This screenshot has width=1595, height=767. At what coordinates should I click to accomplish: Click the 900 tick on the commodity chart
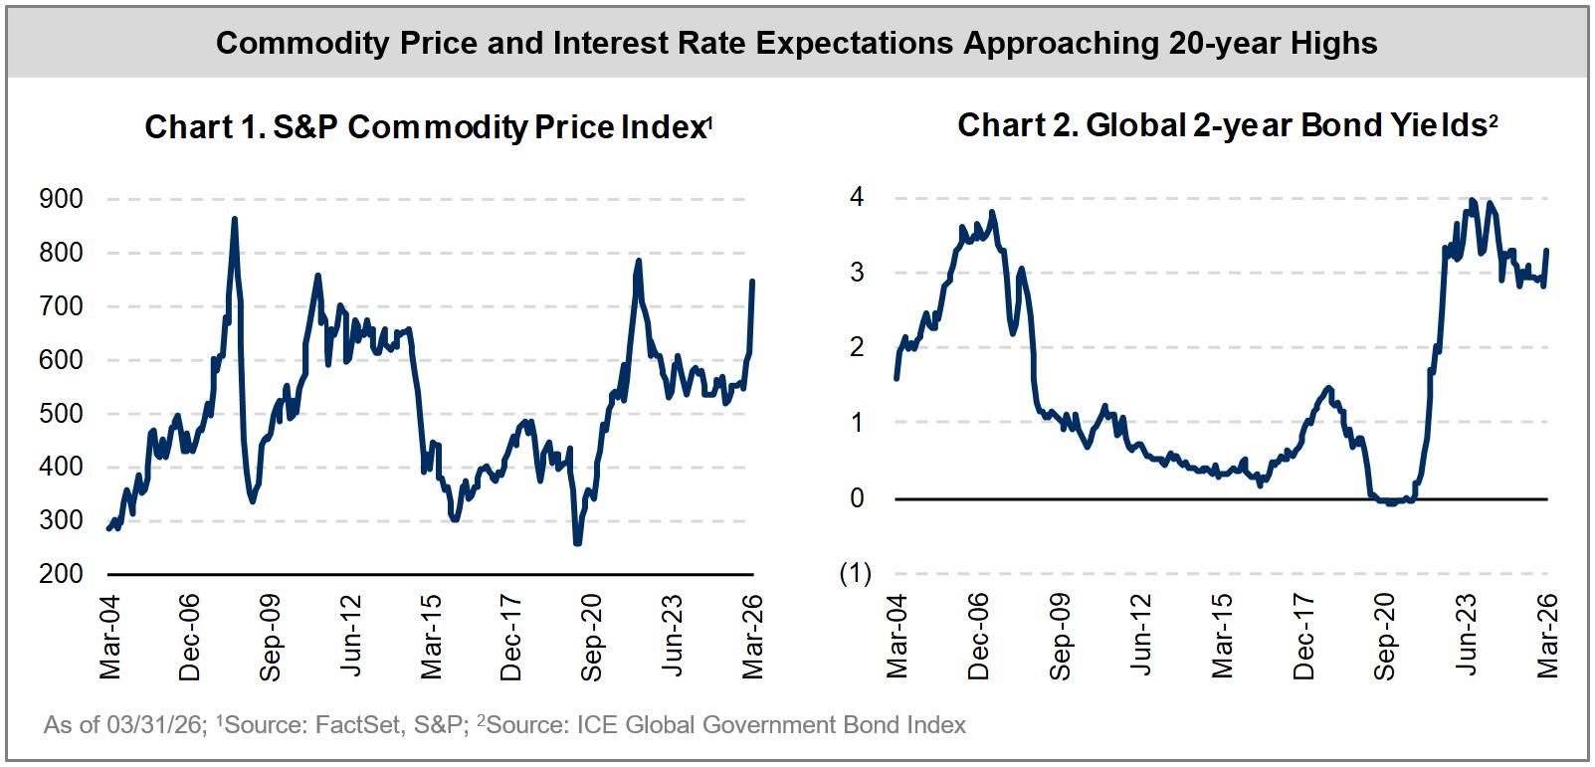[x=61, y=199]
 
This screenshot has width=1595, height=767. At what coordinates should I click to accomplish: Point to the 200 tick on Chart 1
[x=61, y=574]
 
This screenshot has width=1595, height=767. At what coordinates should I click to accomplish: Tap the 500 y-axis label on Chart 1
[x=61, y=414]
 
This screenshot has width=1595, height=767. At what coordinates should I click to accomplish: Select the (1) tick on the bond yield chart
[x=855, y=573]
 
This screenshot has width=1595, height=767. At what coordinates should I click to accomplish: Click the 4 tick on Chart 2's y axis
[x=857, y=197]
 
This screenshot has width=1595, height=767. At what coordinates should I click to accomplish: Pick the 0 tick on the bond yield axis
[x=857, y=498]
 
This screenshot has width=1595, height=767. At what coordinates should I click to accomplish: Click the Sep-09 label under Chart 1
[x=271, y=638]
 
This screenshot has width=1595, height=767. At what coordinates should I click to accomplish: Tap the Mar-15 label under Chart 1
[x=431, y=638]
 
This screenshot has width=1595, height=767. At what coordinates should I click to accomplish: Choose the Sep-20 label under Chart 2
[x=1385, y=637]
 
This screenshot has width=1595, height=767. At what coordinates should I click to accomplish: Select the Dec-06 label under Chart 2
[x=979, y=637]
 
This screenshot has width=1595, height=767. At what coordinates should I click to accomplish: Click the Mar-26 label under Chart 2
[x=1548, y=637]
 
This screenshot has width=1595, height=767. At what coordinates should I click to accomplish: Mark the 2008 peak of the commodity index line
[x=235, y=219]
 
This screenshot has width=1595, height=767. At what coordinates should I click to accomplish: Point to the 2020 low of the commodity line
[x=577, y=543]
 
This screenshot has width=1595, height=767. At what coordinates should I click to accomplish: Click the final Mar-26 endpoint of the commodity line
[x=752, y=282]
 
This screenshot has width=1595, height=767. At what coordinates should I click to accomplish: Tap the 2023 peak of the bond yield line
[x=1473, y=200]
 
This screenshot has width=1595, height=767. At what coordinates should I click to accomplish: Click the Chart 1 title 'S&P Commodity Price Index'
[x=428, y=127]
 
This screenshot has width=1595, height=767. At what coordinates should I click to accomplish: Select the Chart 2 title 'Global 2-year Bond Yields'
[x=1227, y=125]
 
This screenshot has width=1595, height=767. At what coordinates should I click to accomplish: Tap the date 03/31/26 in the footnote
[x=154, y=725]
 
